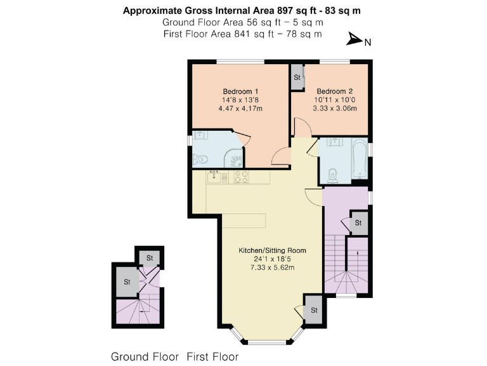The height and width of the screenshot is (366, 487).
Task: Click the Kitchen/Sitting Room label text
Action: pos(272,250)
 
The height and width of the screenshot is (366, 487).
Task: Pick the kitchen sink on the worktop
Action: pos(215,176)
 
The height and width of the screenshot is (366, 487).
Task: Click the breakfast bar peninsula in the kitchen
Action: pos(243,220)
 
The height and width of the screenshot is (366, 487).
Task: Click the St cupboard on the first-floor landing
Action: pos(358,223)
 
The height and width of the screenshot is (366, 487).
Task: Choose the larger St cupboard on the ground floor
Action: pos(127,281)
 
